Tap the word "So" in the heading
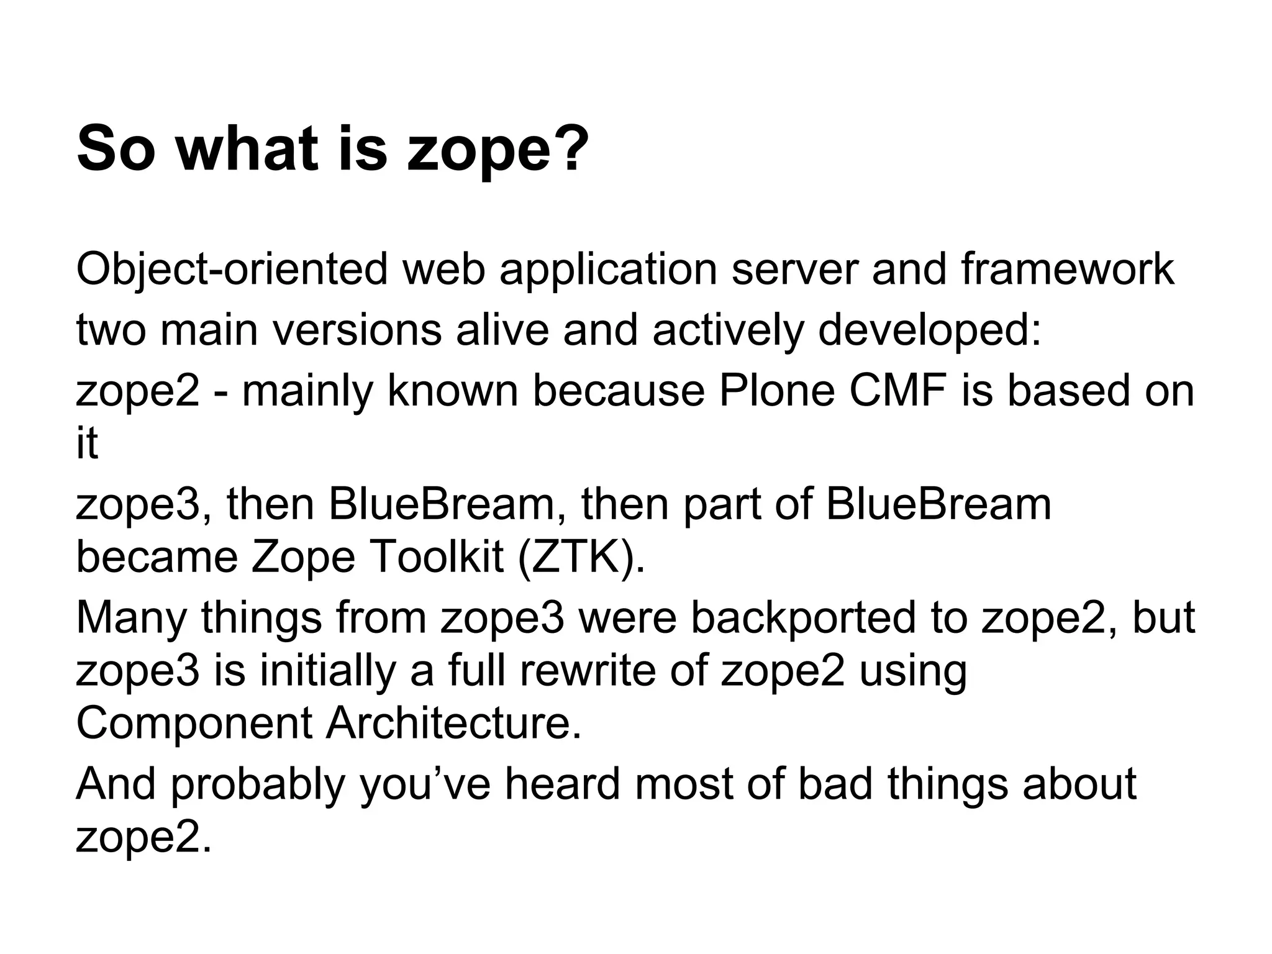[115, 148]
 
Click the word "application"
[608, 271]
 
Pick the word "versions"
[357, 330]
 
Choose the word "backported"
[803, 618]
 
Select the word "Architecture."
[454, 724]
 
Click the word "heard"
[563, 784]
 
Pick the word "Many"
[131, 619]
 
